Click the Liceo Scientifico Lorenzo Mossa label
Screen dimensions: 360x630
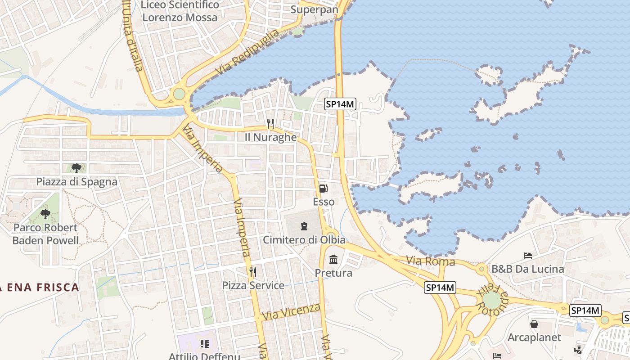click(x=180, y=11)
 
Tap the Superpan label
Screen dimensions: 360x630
click(x=314, y=9)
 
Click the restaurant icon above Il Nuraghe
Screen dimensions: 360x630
click(x=270, y=123)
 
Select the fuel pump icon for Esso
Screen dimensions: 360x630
click(x=324, y=189)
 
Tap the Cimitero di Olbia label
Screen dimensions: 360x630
click(x=304, y=240)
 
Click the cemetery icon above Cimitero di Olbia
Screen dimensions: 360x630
click(x=304, y=226)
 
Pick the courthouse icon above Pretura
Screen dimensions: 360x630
click(x=333, y=260)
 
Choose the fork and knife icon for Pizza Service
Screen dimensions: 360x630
click(x=253, y=272)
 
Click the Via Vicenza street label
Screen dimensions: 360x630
click(x=292, y=312)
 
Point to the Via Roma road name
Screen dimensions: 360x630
click(x=431, y=261)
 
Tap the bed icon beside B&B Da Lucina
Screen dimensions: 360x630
click(x=528, y=256)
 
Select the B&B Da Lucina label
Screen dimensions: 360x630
click(x=527, y=269)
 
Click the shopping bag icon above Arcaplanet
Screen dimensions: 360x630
click(x=534, y=324)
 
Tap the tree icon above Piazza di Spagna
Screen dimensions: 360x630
click(x=76, y=168)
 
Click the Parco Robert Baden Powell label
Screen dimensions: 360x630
click(x=45, y=234)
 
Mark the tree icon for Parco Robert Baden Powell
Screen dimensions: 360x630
click(x=45, y=214)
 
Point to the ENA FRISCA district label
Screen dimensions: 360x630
click(x=40, y=287)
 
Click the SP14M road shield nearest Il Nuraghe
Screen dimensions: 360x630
click(x=340, y=104)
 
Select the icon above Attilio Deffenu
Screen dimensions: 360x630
click(x=205, y=344)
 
